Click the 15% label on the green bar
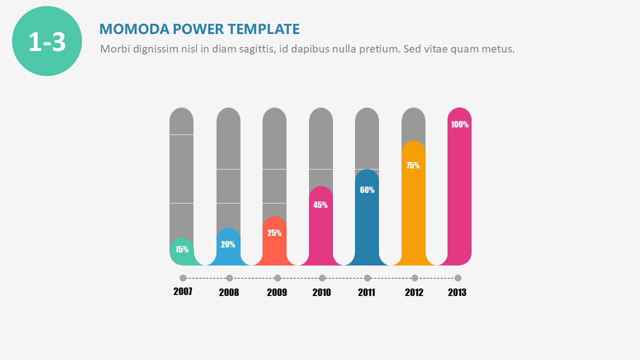click(x=182, y=249)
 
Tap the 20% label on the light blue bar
click(x=228, y=244)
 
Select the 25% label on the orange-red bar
click(x=274, y=232)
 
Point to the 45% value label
click(x=320, y=204)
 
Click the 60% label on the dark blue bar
click(x=367, y=190)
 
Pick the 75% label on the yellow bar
click(x=413, y=165)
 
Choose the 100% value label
click(x=459, y=124)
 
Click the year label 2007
click(x=183, y=291)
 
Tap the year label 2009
click(x=277, y=292)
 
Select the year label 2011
click(x=366, y=292)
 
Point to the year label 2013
click(x=457, y=292)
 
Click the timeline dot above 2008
click(x=229, y=278)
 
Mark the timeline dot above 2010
click(x=322, y=278)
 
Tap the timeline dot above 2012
click(x=414, y=278)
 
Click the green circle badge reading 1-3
click(x=47, y=41)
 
